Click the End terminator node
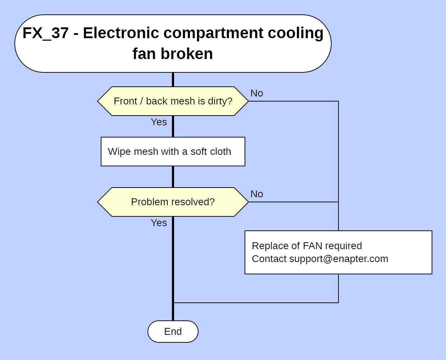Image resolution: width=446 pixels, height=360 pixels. coord(173,332)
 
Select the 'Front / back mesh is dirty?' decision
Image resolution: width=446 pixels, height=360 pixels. coord(173,101)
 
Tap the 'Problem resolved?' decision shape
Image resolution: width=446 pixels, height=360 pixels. coord(173,202)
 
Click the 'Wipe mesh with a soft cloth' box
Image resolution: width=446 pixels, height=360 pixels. coord(173,152)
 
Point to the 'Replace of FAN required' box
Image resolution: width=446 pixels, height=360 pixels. coord(338,252)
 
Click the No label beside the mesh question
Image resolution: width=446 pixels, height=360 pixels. coord(257,93)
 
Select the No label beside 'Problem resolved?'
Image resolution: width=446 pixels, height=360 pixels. coord(257,194)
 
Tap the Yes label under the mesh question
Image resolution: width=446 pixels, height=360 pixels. coord(159,122)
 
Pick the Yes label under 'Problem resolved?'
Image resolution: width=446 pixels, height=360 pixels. coord(159,223)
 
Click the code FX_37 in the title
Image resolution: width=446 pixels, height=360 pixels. coord(45,33)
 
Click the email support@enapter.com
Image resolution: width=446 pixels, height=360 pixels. coord(338,259)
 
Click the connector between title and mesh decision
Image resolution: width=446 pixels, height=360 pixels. coord(173,80)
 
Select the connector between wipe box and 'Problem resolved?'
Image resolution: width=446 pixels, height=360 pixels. coord(173,177)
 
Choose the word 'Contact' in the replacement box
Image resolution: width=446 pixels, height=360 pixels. coord(269,259)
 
